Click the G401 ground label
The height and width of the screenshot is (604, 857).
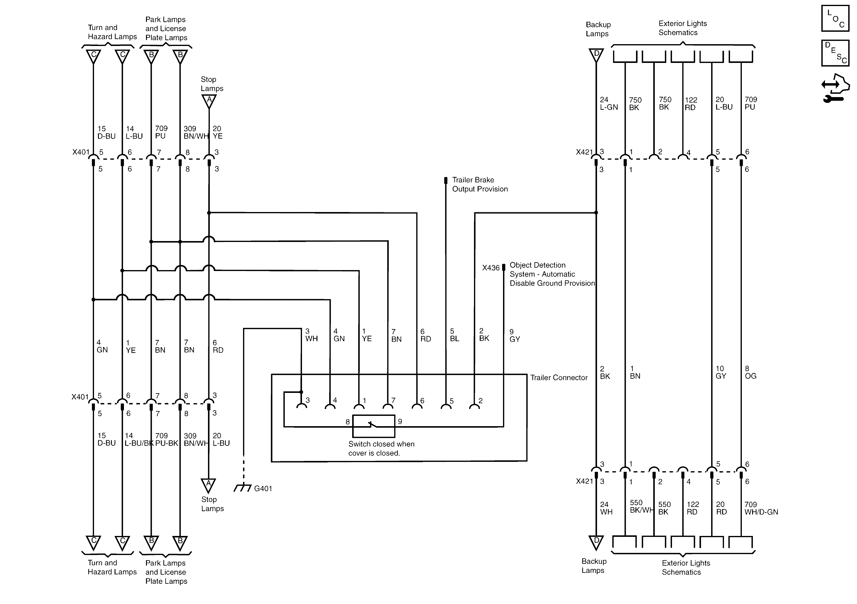pyautogui.click(x=263, y=488)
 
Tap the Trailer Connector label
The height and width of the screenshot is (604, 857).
pyautogui.click(x=559, y=378)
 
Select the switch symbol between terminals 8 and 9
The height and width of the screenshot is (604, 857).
pyautogui.click(x=374, y=426)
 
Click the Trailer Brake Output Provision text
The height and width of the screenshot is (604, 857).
pyautogui.click(x=480, y=184)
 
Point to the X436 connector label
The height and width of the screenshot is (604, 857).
pyautogui.click(x=490, y=268)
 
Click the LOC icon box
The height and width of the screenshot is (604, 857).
pyautogui.click(x=835, y=18)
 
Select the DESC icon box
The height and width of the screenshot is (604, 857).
pyautogui.click(x=835, y=53)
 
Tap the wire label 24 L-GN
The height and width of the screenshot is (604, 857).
pyautogui.click(x=609, y=103)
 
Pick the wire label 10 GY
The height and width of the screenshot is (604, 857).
pyautogui.click(x=721, y=372)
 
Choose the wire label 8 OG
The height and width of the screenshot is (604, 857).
pyautogui.click(x=750, y=372)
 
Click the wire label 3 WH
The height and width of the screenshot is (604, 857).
pyautogui.click(x=311, y=335)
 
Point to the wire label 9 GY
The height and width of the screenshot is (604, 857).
pyautogui.click(x=514, y=335)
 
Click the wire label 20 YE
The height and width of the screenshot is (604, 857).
pyautogui.click(x=217, y=132)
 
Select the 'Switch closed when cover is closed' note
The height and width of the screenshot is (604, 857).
pyautogui.click(x=381, y=449)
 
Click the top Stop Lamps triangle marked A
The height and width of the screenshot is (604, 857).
pyautogui.click(x=209, y=100)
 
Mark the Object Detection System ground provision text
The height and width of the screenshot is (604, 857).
pyautogui.click(x=552, y=274)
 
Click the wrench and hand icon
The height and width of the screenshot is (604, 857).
pyautogui.click(x=835, y=88)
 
